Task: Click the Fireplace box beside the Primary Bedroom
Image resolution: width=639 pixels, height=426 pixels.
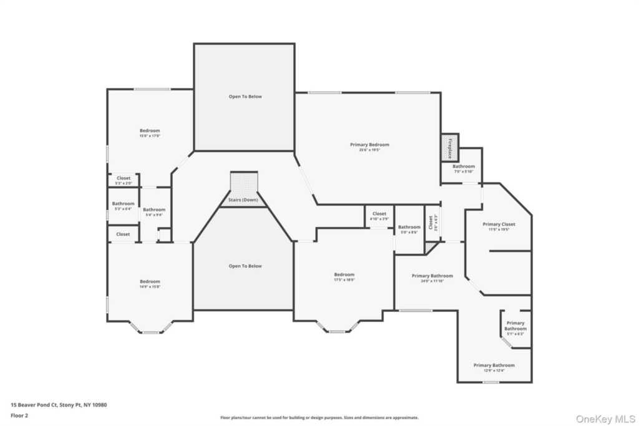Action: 449,148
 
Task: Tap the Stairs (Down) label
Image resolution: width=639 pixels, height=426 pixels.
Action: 242,200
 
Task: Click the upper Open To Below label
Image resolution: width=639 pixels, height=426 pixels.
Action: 245,97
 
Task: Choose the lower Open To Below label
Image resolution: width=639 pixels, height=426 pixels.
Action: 245,266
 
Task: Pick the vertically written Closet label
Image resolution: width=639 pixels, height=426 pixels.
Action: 431,223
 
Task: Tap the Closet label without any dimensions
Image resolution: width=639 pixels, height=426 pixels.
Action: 123,234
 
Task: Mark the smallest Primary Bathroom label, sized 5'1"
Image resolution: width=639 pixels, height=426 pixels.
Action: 515,326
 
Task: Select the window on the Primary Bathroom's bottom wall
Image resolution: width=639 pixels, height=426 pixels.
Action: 491,382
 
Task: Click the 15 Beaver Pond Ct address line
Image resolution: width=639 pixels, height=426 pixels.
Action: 59,405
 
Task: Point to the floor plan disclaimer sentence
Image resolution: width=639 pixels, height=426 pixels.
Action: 319,418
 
